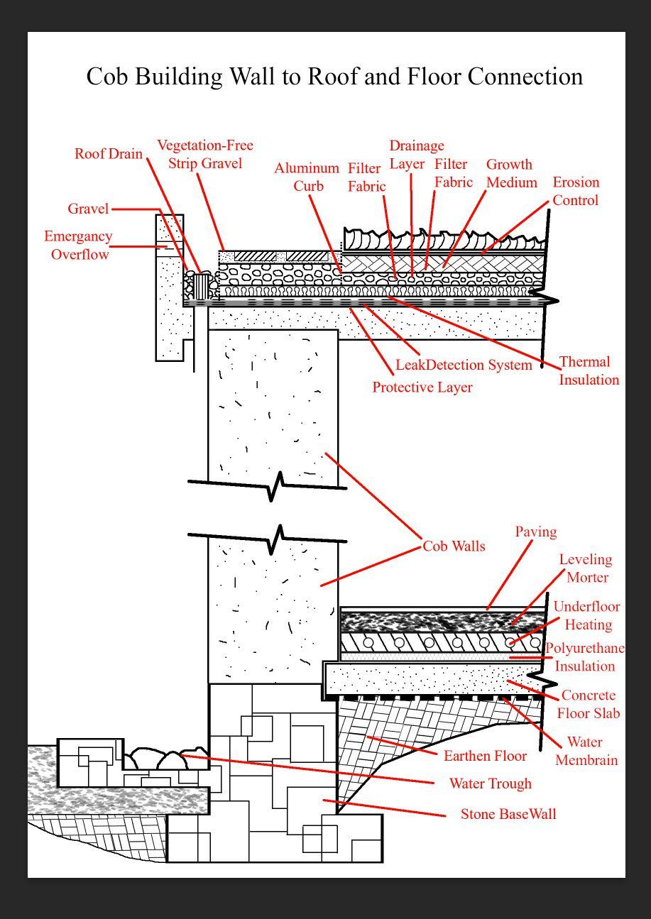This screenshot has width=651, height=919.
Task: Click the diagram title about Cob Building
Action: point(334,76)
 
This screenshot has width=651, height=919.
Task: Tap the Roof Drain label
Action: point(109,154)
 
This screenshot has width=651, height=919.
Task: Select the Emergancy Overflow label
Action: point(79,246)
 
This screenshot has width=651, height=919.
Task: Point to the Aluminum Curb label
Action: point(307,177)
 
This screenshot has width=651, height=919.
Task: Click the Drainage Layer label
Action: point(416,155)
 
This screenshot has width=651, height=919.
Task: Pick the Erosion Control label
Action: point(576,191)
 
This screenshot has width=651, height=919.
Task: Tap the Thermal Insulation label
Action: point(588,370)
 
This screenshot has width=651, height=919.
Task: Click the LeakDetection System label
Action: point(464,365)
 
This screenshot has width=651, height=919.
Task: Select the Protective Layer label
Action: point(422,387)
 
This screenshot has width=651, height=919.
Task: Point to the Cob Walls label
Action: point(454,546)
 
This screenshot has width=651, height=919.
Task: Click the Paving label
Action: point(535,532)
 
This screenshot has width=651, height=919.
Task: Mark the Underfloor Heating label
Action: point(587,615)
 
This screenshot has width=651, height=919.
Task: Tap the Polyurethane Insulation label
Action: point(585,657)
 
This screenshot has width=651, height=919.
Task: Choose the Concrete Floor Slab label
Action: point(589,704)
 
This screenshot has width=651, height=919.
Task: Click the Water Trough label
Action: point(491,783)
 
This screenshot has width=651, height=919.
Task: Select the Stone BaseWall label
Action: point(508,813)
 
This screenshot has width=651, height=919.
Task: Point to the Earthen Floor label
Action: point(486,756)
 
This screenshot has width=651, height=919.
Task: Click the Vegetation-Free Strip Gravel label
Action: point(205,154)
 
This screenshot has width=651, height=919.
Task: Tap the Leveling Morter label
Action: point(586,568)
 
